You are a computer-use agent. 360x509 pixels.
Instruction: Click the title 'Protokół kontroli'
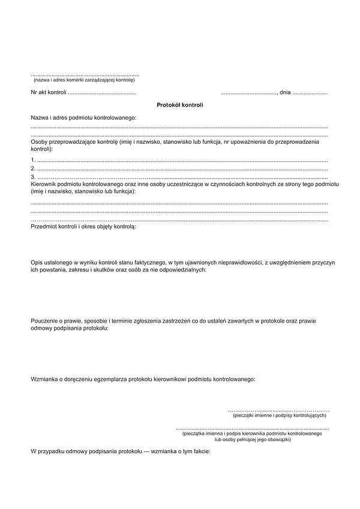coord(180,105)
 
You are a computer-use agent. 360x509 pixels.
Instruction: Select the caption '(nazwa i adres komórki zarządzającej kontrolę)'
coord(85,80)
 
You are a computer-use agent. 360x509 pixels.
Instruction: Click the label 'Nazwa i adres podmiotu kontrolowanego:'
coord(83,118)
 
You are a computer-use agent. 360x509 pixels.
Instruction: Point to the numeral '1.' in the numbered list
coord(33,161)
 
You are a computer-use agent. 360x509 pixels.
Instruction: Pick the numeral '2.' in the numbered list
coord(33,168)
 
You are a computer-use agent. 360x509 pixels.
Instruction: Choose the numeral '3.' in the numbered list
coord(33,177)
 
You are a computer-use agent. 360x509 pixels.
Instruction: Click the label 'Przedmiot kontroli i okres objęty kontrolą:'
coord(83,228)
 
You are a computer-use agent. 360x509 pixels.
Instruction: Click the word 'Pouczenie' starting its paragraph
coord(44,321)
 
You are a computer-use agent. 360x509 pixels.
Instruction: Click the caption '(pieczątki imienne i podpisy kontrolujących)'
coord(278,415)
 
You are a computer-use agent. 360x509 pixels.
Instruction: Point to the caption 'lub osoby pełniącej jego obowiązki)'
coord(253,439)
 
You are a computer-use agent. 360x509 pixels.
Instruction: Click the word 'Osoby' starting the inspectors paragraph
coord(39,141)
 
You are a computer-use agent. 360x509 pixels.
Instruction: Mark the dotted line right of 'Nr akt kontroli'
coord(102,93)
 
